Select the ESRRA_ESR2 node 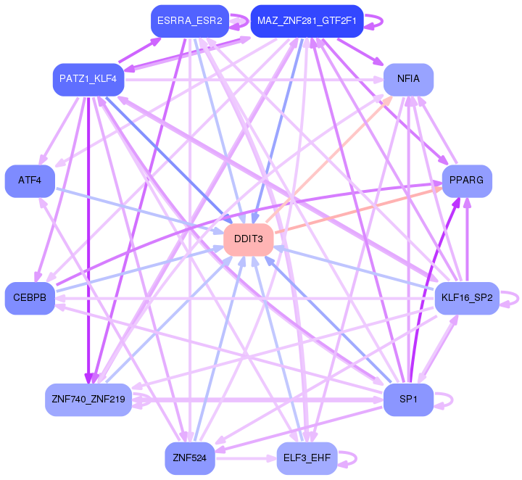tap(189, 21)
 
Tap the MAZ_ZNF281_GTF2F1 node tap(306, 21)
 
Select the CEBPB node tap(30, 298)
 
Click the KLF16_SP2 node tap(468, 298)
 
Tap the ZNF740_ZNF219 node tap(88, 400)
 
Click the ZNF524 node tap(190, 458)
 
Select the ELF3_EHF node tap(307, 458)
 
